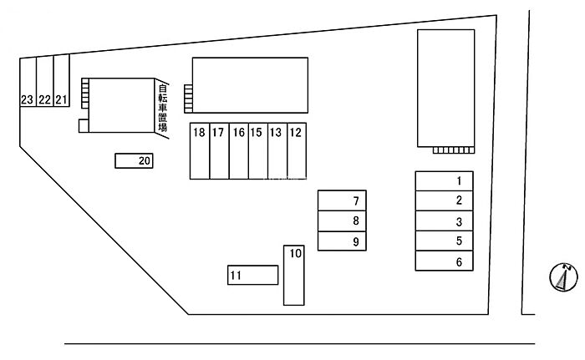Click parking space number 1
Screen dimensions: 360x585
point(445,180)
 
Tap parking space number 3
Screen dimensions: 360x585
point(445,221)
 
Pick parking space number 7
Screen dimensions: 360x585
point(343,200)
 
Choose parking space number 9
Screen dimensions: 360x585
point(343,242)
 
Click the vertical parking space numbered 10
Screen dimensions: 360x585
point(294,276)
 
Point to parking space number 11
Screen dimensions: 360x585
point(252,275)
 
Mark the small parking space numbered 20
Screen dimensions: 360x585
point(135,161)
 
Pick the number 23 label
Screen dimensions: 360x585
point(28,100)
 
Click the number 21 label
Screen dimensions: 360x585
point(61,100)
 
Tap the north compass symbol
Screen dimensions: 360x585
point(563,276)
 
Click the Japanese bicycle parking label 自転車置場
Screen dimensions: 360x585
point(162,107)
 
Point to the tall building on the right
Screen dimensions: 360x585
point(445,88)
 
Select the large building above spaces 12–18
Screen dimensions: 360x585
point(249,84)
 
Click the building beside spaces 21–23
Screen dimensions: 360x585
point(117,105)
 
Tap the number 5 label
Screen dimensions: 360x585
point(459,241)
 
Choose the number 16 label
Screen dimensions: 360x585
point(238,132)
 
